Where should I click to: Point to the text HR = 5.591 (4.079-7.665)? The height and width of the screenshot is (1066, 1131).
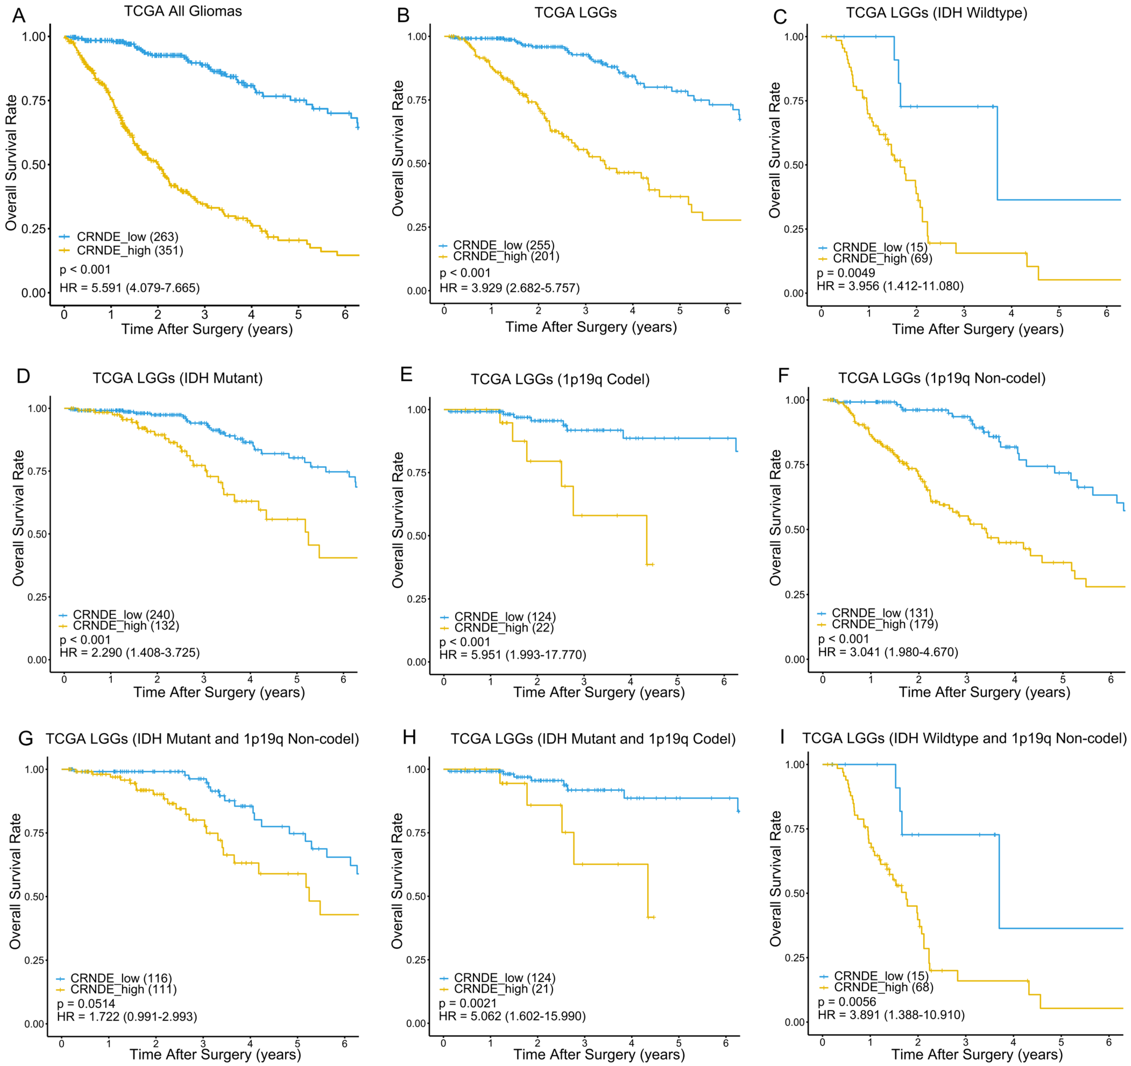130,288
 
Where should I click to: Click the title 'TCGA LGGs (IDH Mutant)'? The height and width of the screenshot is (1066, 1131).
178,378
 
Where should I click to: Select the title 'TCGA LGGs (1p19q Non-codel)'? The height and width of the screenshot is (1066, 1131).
942,378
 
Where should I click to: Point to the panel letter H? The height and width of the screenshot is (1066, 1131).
409,737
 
